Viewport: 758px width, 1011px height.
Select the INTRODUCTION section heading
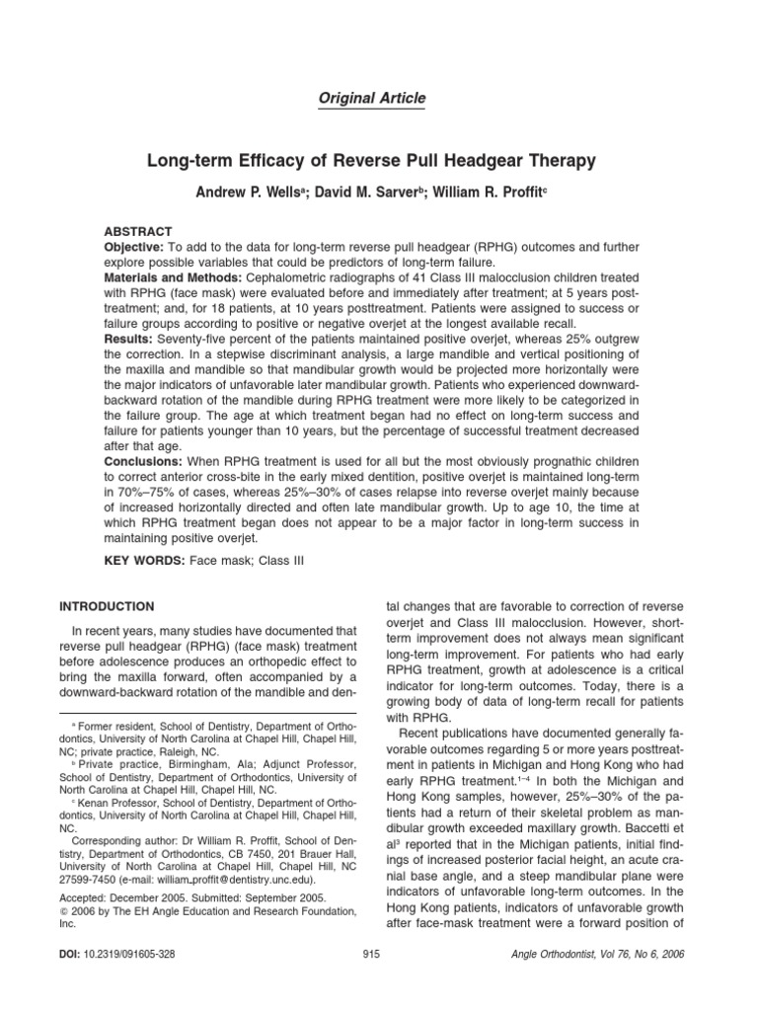[108, 606]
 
